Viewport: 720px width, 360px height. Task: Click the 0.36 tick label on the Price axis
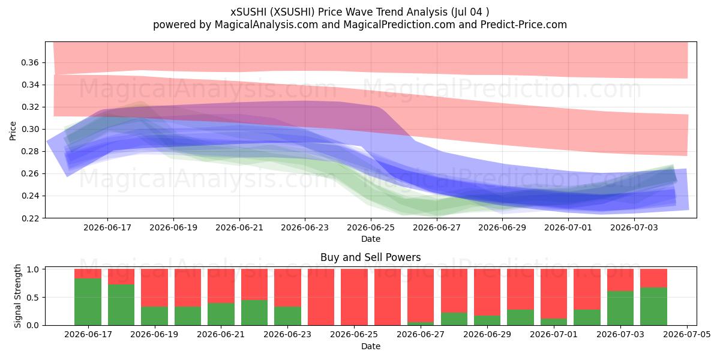pos(30,62)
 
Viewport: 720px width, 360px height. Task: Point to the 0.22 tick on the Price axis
pos(30,218)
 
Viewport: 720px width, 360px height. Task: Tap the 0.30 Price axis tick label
pos(30,129)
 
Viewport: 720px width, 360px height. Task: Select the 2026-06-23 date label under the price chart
pos(305,227)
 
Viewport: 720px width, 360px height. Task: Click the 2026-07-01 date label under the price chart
pos(568,227)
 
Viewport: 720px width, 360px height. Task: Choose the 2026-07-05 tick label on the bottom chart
pos(687,335)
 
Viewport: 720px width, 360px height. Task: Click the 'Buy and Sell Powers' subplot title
pos(371,257)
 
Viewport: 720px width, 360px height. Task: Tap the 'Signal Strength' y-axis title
pos(17,296)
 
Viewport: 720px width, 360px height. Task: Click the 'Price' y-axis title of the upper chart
pos(13,131)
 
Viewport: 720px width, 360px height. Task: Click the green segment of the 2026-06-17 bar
pos(88,302)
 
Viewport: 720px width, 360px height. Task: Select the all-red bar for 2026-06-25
pos(354,298)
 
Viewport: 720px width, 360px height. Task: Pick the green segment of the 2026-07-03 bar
pos(620,308)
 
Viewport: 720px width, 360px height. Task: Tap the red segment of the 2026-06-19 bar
pos(154,287)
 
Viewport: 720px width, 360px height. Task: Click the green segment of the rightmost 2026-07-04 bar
pos(654,307)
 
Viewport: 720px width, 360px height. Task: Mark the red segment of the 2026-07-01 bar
pos(554,294)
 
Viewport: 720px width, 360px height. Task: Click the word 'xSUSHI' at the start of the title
pos(248,12)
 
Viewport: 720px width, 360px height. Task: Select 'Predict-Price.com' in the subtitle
pos(524,25)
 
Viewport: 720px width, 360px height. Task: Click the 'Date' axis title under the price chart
pos(371,239)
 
